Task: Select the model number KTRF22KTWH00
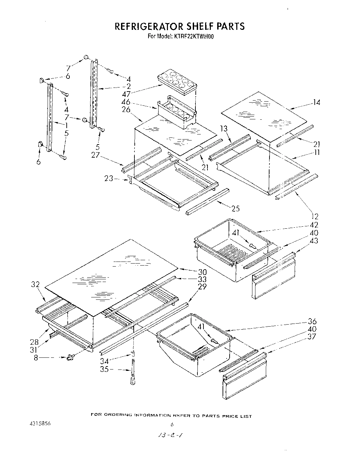[x=193, y=37]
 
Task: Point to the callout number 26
[x=126, y=110]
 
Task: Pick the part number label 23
[x=109, y=179]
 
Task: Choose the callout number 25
[x=236, y=208]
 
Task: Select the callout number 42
[x=314, y=225]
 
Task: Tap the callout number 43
[x=314, y=240]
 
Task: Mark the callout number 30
[x=202, y=272]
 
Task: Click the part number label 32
[x=36, y=285]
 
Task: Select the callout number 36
[x=312, y=321]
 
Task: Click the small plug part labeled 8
[x=70, y=357]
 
